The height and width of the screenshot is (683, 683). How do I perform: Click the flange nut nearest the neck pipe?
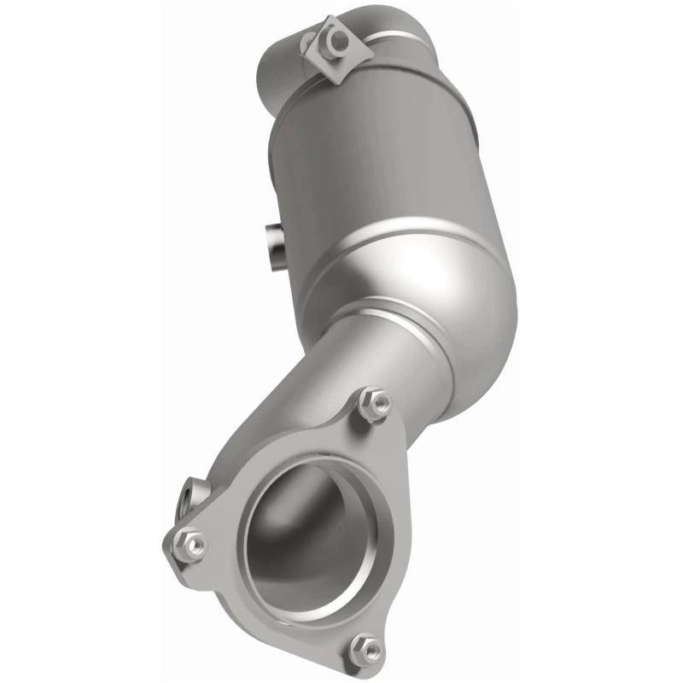coord(375,403)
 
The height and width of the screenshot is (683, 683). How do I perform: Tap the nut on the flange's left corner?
coord(189,544)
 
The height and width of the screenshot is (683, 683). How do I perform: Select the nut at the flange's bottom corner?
coord(367,649)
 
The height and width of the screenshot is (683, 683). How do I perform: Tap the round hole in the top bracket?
coord(339,39)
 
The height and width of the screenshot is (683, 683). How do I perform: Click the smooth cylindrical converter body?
coord(376,171)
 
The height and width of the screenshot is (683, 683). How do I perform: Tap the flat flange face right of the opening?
coord(388,529)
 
